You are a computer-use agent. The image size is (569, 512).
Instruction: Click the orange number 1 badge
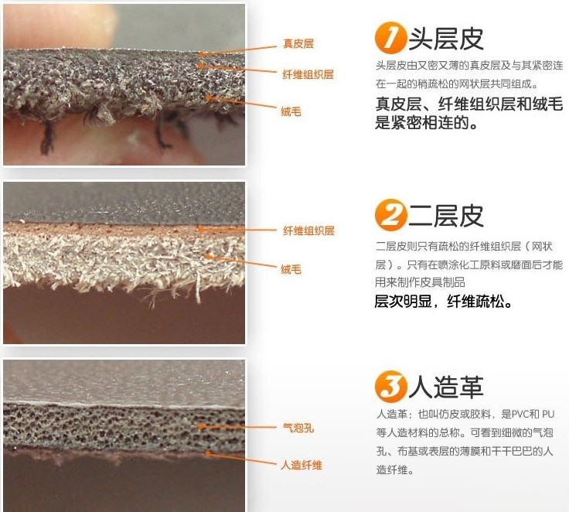pyautogui.click(x=390, y=38)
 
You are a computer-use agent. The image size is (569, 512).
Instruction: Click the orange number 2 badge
pyautogui.click(x=390, y=215)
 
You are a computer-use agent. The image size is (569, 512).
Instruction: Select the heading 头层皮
pyautogui.click(x=446, y=39)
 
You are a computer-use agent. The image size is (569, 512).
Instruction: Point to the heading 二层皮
pyautogui.click(x=446, y=216)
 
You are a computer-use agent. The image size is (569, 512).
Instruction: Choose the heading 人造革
pyautogui.click(x=446, y=387)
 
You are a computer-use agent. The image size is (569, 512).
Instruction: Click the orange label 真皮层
pyautogui.click(x=298, y=43)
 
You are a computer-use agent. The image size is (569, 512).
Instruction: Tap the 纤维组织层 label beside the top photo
pyautogui.click(x=308, y=74)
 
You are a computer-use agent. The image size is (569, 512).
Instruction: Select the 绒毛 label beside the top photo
pyautogui.click(x=291, y=111)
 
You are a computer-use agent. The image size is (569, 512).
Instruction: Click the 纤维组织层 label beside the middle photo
pyautogui.click(x=308, y=230)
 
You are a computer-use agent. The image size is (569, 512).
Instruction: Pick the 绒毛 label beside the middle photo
pyautogui.click(x=291, y=269)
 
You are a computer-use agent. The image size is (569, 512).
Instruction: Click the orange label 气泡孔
pyautogui.click(x=298, y=428)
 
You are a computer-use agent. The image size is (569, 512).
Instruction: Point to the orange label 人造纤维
pyautogui.click(x=302, y=465)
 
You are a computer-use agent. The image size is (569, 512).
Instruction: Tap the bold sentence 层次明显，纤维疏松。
pyautogui.click(x=443, y=302)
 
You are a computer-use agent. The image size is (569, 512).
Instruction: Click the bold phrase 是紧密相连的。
pyautogui.click(x=426, y=123)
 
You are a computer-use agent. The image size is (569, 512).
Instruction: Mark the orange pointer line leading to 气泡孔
pyautogui.click(x=237, y=427)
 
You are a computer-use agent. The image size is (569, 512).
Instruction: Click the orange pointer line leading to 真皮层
pyautogui.click(x=237, y=50)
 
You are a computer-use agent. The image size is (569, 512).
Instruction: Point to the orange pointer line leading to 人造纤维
pyautogui.click(x=241, y=459)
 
